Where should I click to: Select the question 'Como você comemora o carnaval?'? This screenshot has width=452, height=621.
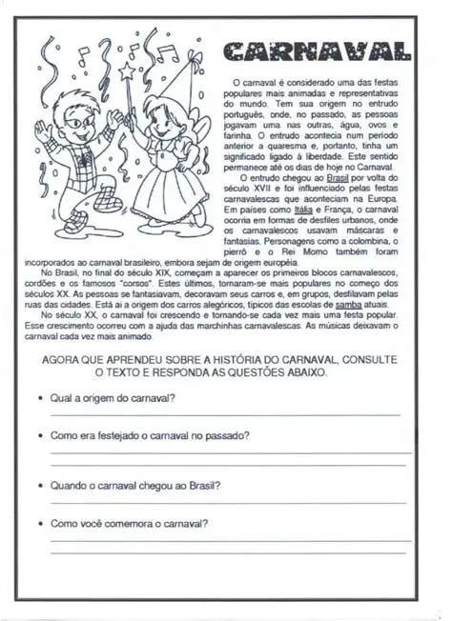tap(129, 523)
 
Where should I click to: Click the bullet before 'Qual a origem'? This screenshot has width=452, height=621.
tap(37, 399)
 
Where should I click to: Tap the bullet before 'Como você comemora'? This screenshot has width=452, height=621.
tap(37, 524)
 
